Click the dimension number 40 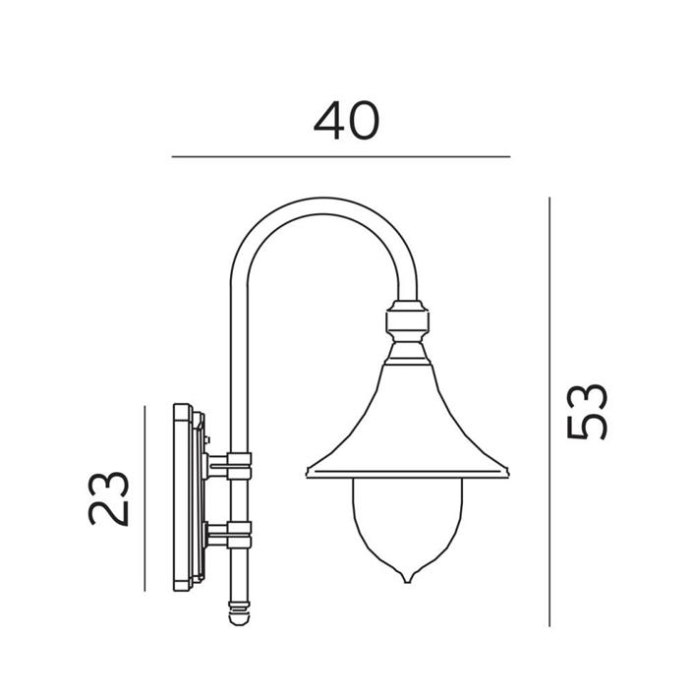346,120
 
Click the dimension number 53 588,412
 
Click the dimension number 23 108,498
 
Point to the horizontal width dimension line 341,156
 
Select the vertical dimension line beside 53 549,412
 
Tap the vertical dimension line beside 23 144,498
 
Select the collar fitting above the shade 408,320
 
